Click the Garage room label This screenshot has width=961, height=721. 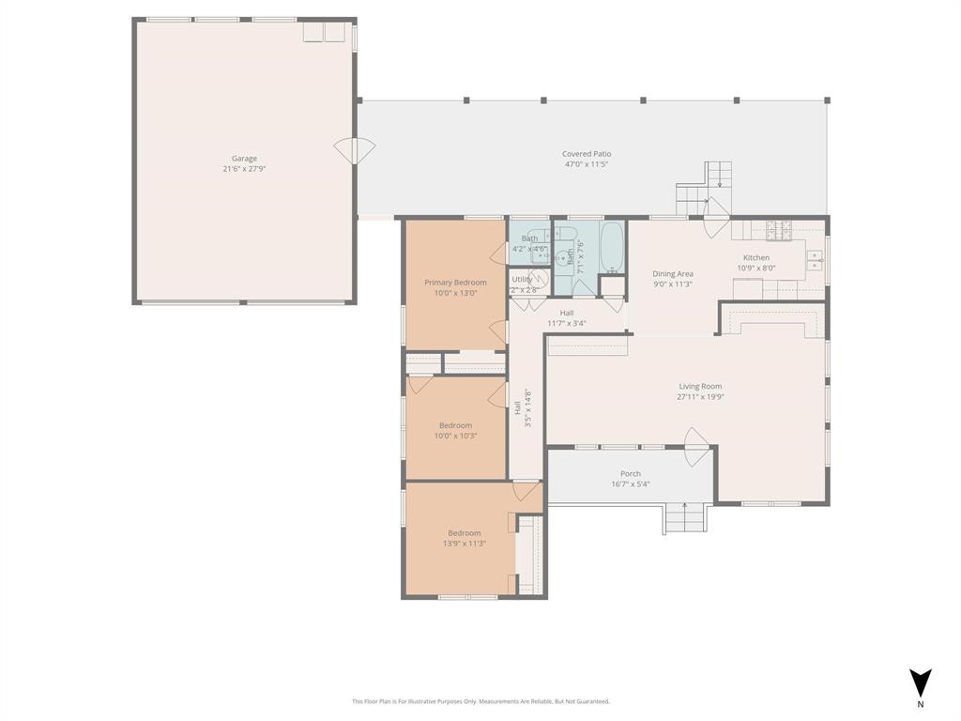[x=244, y=159]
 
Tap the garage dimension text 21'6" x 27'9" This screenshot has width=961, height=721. [x=244, y=170]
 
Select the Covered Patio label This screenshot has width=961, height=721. [x=587, y=154]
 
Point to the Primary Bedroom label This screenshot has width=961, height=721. [x=455, y=283]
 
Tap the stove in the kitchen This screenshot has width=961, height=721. [x=779, y=228]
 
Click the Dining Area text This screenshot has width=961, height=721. [x=673, y=274]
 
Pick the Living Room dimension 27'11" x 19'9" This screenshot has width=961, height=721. [x=700, y=397]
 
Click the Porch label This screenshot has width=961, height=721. [x=631, y=474]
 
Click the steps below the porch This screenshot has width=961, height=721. [x=685, y=519]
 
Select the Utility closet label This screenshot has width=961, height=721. [x=522, y=280]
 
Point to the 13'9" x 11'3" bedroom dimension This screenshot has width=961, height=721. [x=464, y=544]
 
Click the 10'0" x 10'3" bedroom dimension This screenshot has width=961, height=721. [x=455, y=436]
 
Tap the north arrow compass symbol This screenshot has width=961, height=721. [x=921, y=683]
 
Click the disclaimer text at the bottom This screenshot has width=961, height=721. [x=480, y=701]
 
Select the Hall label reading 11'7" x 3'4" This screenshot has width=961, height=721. [x=567, y=324]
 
